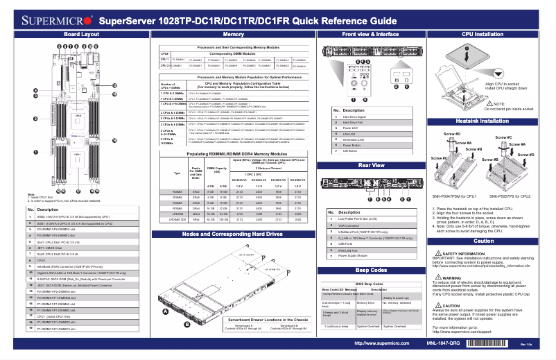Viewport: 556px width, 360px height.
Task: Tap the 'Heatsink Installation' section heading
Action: [483, 121]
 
